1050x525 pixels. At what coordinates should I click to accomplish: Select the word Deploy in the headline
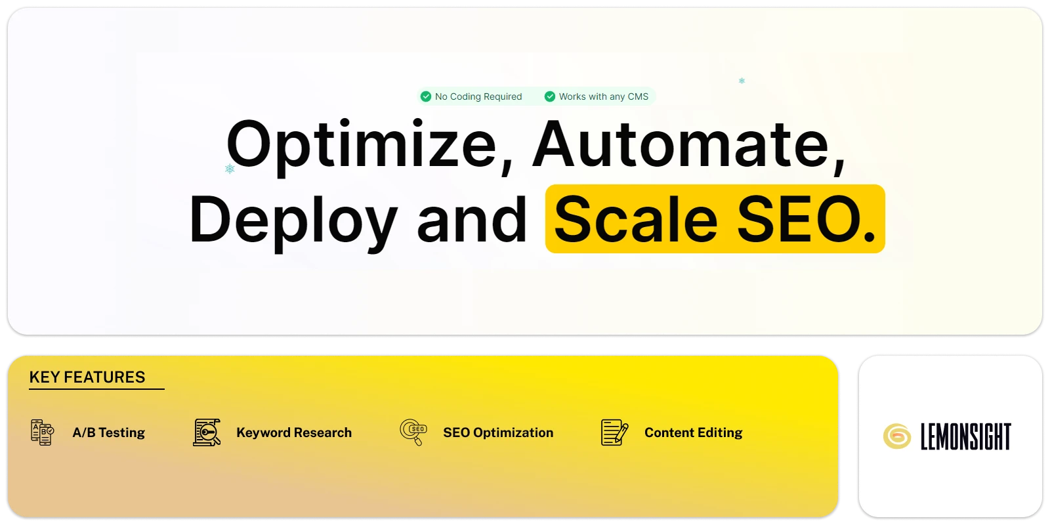point(293,220)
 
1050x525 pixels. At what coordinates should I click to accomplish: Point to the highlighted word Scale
point(636,219)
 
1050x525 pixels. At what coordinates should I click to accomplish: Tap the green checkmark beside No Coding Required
point(426,96)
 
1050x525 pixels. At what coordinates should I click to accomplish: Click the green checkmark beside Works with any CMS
point(550,96)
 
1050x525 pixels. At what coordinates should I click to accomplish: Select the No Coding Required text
point(478,96)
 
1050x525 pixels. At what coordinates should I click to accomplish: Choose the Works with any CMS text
point(604,96)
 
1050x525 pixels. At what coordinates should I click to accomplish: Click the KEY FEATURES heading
point(87,377)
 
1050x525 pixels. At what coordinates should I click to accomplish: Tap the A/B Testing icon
point(42,432)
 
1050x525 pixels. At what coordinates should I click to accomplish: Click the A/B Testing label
point(109,432)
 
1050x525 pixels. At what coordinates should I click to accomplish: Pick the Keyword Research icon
point(207,432)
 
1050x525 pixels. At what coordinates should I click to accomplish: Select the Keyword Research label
point(294,432)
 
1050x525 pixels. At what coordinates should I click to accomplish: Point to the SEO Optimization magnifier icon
point(413,432)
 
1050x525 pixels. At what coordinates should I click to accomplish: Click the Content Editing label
point(693,432)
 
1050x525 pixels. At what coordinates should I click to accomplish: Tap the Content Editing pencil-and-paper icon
point(614,432)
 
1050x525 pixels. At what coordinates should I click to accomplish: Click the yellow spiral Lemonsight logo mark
point(896,436)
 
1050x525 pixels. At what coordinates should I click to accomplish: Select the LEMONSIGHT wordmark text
point(965,436)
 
